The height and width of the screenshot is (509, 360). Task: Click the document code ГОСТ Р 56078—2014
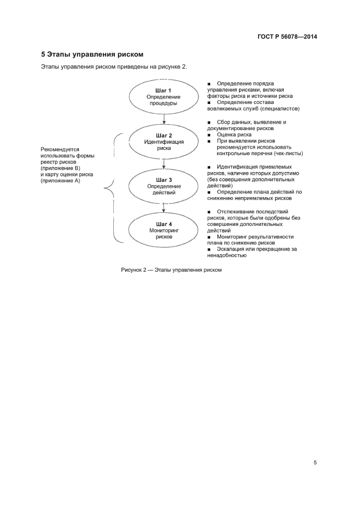287,37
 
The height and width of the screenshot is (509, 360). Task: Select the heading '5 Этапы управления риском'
92,54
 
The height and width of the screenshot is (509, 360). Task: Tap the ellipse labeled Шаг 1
163,96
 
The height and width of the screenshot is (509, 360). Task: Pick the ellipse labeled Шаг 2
163,141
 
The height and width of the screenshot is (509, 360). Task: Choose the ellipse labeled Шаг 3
163,186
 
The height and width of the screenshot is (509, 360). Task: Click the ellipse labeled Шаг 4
163,230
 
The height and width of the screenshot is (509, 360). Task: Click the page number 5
315,462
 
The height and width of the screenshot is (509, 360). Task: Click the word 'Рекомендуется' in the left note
60,149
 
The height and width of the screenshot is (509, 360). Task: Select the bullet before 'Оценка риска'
209,134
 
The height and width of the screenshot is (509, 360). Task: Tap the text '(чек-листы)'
289,153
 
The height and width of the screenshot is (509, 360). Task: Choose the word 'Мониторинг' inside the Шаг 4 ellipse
163,231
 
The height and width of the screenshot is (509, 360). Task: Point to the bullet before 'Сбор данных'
209,122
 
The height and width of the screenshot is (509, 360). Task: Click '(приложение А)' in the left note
60,181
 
